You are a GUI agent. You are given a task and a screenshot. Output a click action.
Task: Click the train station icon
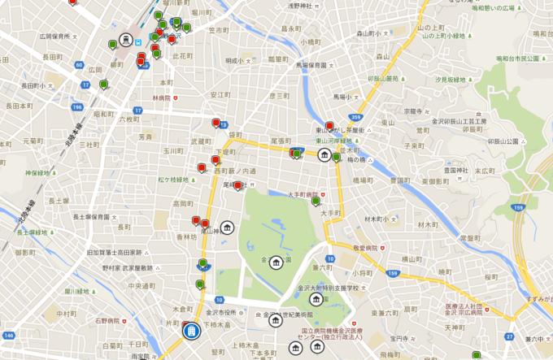point(127,38)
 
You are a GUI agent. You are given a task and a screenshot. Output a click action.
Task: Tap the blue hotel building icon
point(190,330)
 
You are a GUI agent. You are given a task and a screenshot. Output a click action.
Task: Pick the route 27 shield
point(509,335)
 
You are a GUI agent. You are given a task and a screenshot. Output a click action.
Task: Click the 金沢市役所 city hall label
point(220,312)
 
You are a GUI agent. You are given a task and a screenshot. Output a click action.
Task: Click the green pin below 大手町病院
point(316,202)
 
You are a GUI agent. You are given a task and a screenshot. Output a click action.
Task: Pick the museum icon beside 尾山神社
point(227,226)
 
